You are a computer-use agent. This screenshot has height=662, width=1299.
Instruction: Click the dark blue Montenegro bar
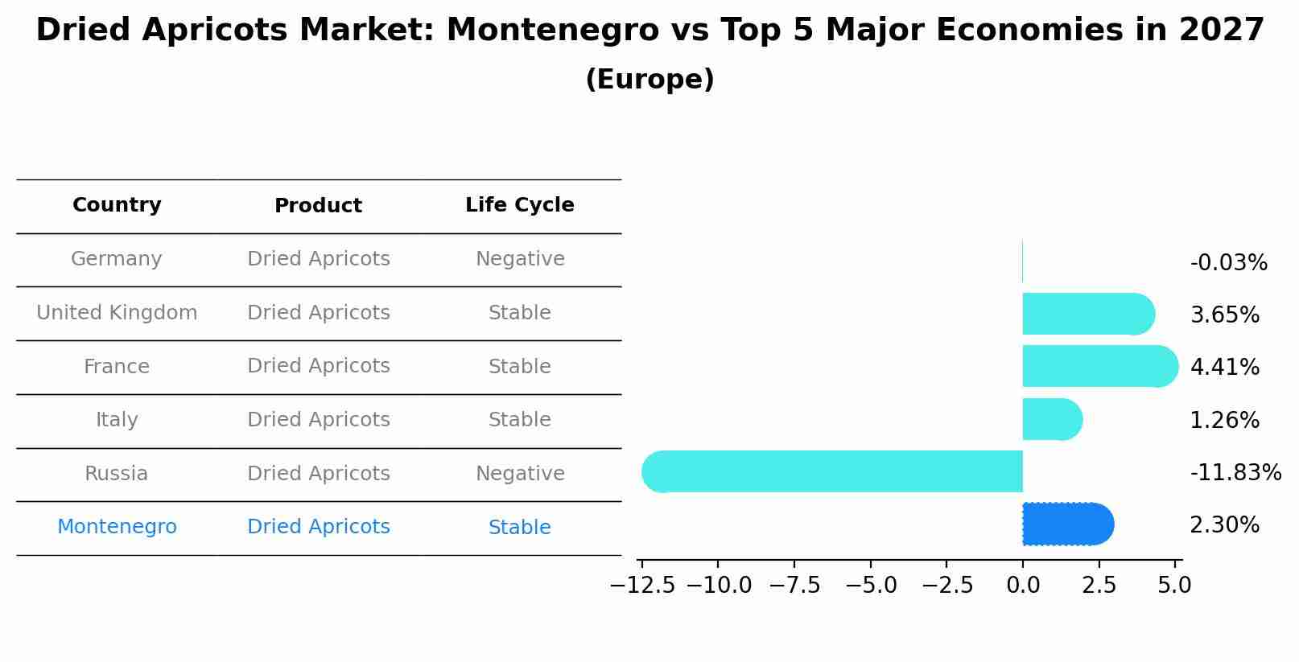[x=1067, y=524]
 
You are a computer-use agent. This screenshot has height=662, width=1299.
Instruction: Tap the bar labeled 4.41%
[x=1099, y=366]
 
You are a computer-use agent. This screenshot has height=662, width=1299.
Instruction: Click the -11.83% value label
[x=1235, y=472]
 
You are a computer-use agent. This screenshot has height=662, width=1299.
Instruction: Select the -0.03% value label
[x=1228, y=263]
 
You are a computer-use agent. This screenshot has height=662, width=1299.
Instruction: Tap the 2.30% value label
[x=1224, y=525]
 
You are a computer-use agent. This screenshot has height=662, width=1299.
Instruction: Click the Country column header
[x=117, y=205]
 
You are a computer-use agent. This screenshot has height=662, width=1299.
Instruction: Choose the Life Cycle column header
[x=519, y=205]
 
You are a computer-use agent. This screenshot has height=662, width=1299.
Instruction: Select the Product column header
[x=318, y=206]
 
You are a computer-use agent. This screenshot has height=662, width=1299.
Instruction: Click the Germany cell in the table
[x=117, y=259]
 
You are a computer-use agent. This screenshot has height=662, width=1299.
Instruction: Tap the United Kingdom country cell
[x=117, y=313]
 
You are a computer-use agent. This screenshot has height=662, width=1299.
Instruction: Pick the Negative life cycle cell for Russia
[x=520, y=474]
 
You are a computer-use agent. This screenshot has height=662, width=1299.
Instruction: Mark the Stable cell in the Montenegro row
[x=519, y=528]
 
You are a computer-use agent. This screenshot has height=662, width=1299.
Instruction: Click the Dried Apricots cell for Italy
[x=318, y=420]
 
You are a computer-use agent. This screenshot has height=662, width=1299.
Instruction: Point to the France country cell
[x=117, y=367]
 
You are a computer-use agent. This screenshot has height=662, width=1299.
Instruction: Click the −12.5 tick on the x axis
[x=642, y=585]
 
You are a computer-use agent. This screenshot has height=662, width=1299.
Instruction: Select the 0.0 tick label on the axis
[x=1022, y=585]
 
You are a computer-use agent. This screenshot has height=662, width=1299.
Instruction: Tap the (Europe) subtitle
[x=649, y=80]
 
